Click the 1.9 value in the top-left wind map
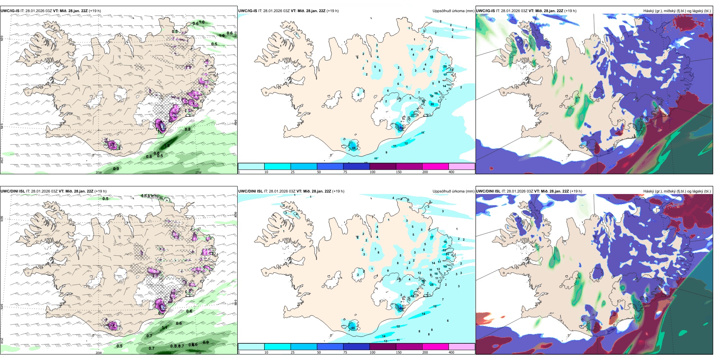[x=167, y=146]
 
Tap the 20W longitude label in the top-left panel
[x=99, y=172]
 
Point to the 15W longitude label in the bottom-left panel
[x=198, y=353]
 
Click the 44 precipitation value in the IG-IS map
[x=354, y=147]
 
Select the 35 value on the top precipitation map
[x=432, y=104]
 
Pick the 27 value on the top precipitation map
[x=413, y=115]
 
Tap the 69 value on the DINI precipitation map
[x=401, y=308]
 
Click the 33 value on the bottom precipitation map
[x=444, y=250]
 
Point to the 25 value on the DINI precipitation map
[x=432, y=285]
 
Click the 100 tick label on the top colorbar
[x=373, y=172]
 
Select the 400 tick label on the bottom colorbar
[x=451, y=352]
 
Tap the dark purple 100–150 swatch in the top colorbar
[x=383, y=166]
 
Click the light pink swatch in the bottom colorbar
[x=462, y=347]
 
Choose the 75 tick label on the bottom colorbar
[x=345, y=352]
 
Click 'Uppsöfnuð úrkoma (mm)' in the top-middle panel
[x=453, y=11]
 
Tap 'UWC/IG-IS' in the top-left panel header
[x=10, y=11]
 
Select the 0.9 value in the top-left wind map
[x=116, y=169]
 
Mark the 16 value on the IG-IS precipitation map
[x=431, y=57]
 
